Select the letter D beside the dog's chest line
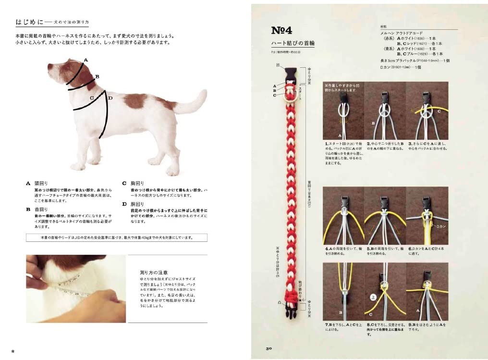point(110,98)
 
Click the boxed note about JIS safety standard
point(117,237)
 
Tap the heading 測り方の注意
point(150,272)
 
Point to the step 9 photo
point(427,290)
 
